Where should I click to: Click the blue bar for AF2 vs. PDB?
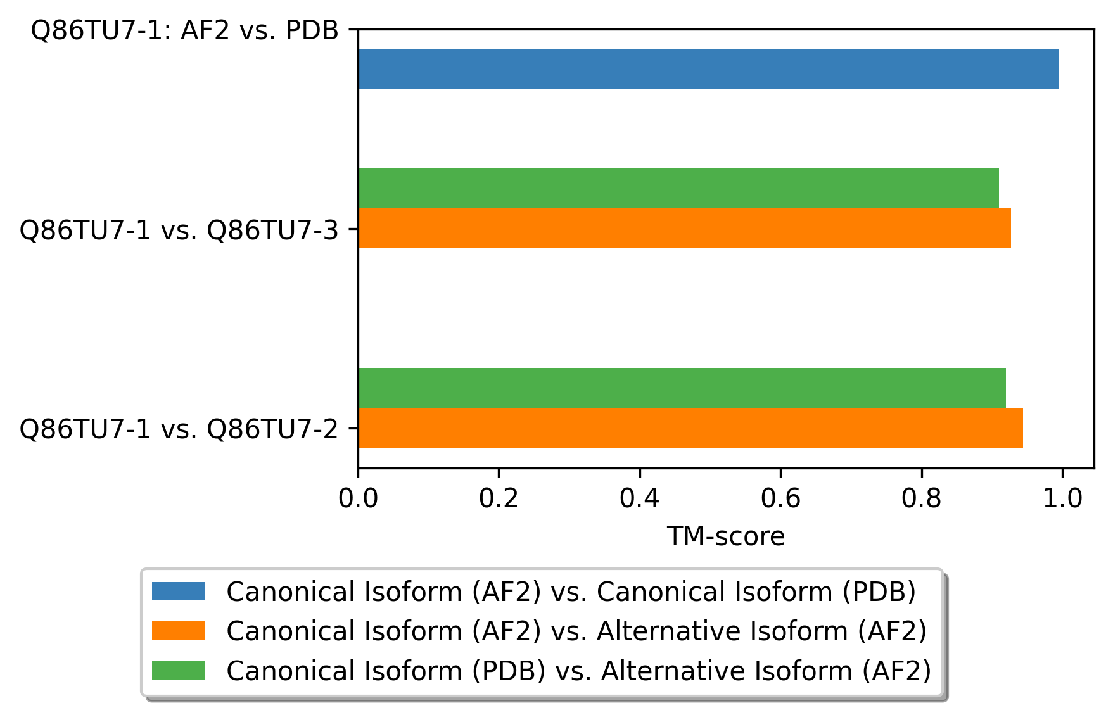click(x=708, y=68)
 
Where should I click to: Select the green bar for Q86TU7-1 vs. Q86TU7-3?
click(x=678, y=188)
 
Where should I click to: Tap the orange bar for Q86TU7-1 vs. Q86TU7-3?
click(x=684, y=228)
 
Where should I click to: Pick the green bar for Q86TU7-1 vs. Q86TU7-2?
click(x=682, y=388)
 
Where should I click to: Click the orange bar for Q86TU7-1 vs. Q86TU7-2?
click(x=690, y=427)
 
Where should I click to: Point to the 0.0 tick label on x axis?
click(x=358, y=498)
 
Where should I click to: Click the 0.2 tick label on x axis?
click(x=499, y=498)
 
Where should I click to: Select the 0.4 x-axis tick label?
click(x=640, y=498)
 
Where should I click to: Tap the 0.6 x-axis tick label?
click(x=780, y=498)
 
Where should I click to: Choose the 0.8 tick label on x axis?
click(x=921, y=498)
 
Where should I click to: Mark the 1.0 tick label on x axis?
click(x=1062, y=498)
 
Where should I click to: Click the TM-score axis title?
click(x=725, y=536)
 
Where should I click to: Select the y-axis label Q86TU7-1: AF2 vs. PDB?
click(x=185, y=30)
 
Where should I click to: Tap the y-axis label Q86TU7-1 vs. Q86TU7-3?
click(x=179, y=230)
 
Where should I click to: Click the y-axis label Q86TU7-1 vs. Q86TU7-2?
click(x=179, y=429)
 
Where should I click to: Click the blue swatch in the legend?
click(x=178, y=592)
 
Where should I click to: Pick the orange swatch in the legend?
click(x=178, y=631)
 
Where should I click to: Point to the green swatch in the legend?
click(x=178, y=670)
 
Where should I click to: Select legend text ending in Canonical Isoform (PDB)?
click(x=571, y=592)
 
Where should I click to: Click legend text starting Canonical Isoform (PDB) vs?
click(x=578, y=671)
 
